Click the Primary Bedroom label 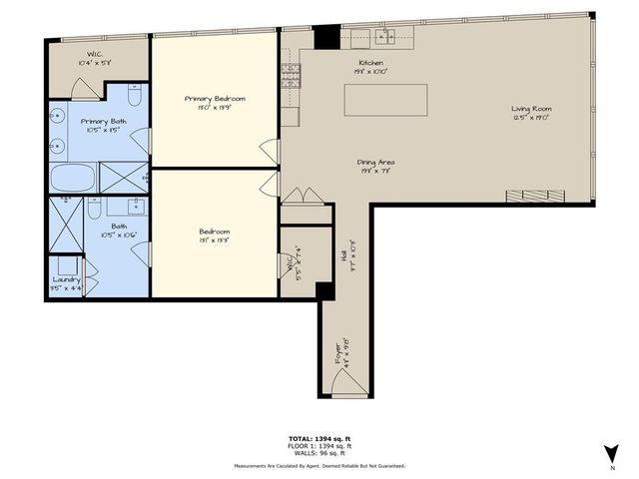coord(215,99)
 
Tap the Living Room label coord(531,110)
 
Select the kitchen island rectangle coord(386,101)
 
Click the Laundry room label coord(67,279)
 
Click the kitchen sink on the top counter coord(384,39)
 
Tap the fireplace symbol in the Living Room coord(526,194)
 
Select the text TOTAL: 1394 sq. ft coord(319,439)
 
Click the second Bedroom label coord(215,231)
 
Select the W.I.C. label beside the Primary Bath coord(93,57)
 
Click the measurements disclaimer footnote coord(319,466)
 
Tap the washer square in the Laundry coord(66,264)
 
